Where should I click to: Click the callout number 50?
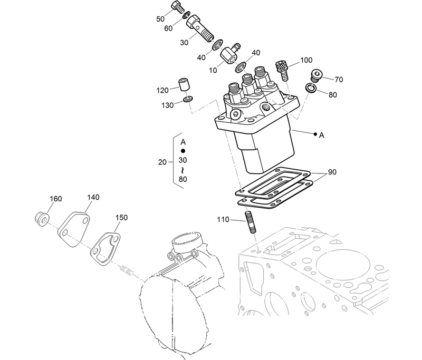(160, 19)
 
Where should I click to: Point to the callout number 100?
(306, 60)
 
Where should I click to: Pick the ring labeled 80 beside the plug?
(311, 87)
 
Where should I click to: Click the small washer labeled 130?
(188, 99)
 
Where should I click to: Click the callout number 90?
(332, 172)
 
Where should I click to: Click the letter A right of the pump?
(321, 135)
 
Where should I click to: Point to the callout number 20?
(162, 162)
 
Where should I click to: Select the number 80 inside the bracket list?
(183, 179)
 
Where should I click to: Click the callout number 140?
(93, 198)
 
